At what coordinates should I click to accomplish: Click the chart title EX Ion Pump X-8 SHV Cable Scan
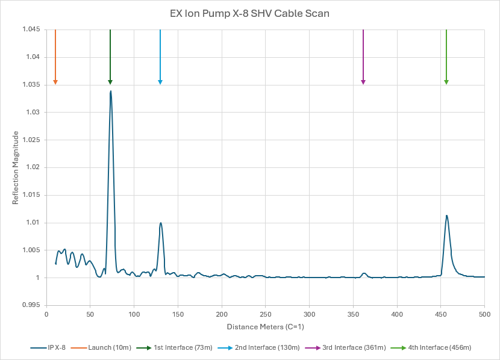(249, 13)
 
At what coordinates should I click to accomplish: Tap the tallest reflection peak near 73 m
(111, 92)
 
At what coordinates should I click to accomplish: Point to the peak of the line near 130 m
(161, 223)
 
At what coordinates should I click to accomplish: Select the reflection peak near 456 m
(446, 216)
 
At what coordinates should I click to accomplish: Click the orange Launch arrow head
(55, 82)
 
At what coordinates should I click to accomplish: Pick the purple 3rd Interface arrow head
(363, 82)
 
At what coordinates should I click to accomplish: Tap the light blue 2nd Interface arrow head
(160, 82)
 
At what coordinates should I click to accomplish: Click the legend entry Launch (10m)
(111, 347)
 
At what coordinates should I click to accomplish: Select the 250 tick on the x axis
(266, 314)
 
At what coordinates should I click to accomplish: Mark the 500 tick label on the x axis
(484, 314)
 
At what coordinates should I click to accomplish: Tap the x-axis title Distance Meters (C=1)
(266, 327)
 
